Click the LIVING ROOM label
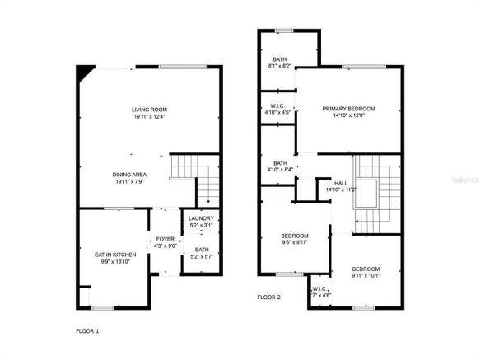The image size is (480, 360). pyautogui.click(x=149, y=109)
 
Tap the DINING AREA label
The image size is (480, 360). pyautogui.click(x=130, y=174)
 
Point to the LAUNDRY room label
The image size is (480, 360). pyautogui.click(x=201, y=218)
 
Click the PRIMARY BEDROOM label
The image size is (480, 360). pyautogui.click(x=348, y=109)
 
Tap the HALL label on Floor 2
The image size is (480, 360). pyautogui.click(x=340, y=182)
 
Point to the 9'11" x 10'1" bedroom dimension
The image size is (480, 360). pyautogui.click(x=366, y=276)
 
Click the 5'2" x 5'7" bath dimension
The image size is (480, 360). pyautogui.click(x=201, y=256)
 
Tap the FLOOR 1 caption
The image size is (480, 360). pyautogui.click(x=86, y=330)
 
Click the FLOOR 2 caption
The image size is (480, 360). pyautogui.click(x=269, y=297)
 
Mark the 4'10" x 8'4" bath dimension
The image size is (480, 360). pyautogui.click(x=280, y=170)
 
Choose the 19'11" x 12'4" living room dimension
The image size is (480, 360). pyautogui.click(x=149, y=116)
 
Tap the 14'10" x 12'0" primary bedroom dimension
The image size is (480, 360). pyautogui.click(x=348, y=116)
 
